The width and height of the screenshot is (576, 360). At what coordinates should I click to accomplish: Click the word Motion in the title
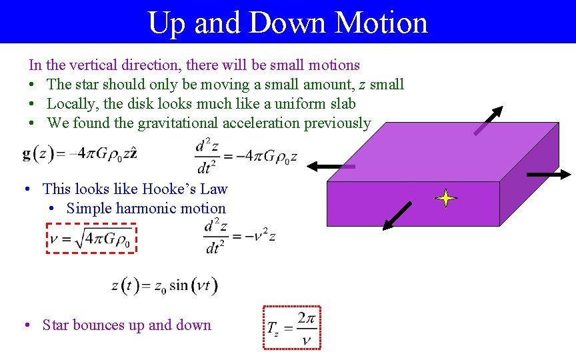pyautogui.click(x=381, y=22)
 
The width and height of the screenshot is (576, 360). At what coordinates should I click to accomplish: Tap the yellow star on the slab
pyautogui.click(x=445, y=199)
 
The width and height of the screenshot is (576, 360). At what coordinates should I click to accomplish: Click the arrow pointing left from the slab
pyautogui.click(x=331, y=167)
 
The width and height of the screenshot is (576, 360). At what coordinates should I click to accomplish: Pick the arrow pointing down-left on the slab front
pyautogui.click(x=397, y=215)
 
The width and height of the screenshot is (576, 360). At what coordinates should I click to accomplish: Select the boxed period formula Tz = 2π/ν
pyautogui.click(x=292, y=327)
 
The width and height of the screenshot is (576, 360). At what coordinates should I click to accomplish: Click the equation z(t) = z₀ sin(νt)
pyautogui.click(x=164, y=285)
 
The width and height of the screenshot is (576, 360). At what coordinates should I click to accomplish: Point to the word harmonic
pyautogui.click(x=144, y=208)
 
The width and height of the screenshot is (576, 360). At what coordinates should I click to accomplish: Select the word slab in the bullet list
pyautogui.click(x=341, y=103)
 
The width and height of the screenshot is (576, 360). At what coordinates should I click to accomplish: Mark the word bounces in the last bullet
pyautogui.click(x=99, y=325)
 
